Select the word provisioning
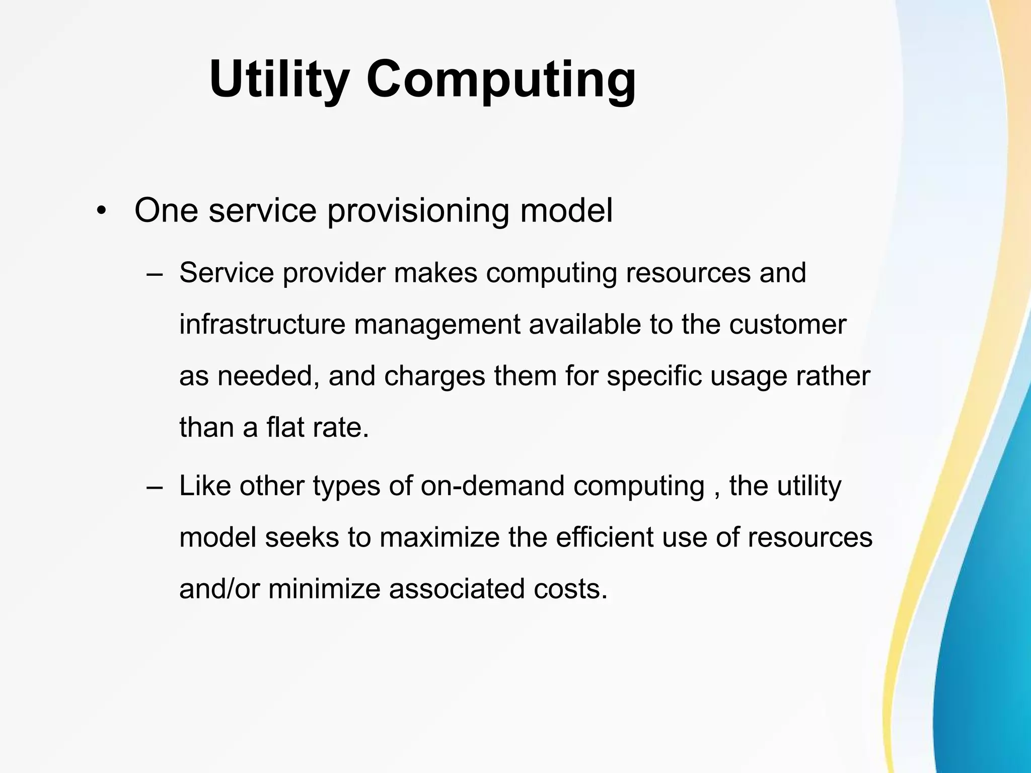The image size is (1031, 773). click(418, 210)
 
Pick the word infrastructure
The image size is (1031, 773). click(262, 325)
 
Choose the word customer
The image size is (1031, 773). click(788, 325)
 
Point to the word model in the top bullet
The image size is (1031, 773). click(566, 210)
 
